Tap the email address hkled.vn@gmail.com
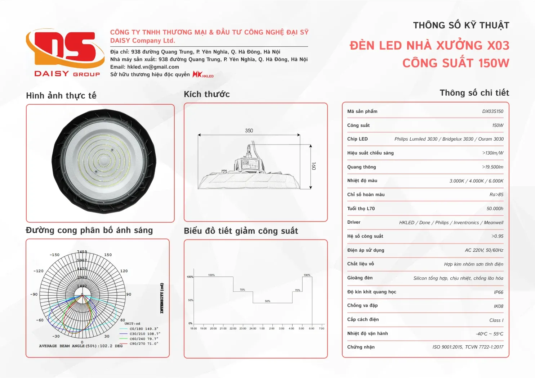coord(153,67)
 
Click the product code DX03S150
coord(492,111)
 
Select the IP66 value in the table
coord(498,292)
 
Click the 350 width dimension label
coord(249,131)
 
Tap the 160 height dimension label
coord(314,166)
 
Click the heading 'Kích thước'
coord(207,94)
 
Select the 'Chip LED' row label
coord(357,139)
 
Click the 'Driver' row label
coord(354,222)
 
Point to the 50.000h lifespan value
coord(495,209)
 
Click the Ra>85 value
coord(496,195)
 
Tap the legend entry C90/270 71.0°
coord(144,343)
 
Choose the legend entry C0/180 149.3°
coord(144,329)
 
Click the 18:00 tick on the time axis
coord(193,328)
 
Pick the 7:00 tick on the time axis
coord(322,328)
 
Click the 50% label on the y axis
coord(191,300)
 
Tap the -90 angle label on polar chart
coord(34,294)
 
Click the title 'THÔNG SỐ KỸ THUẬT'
coord(461,26)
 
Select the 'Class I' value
coord(496,320)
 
